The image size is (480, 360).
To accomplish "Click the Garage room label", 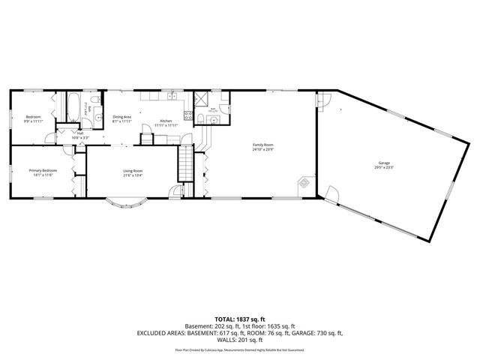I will (x=384, y=163).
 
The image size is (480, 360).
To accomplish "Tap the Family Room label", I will (x=262, y=144).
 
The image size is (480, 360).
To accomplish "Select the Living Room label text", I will (x=133, y=171).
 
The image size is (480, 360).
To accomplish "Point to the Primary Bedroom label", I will (x=43, y=171).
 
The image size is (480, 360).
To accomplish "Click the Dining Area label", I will (x=122, y=117).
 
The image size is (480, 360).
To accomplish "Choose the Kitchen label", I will (x=166, y=121).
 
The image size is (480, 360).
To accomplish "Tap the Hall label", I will (x=80, y=133).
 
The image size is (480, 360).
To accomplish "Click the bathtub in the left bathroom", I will (x=73, y=107).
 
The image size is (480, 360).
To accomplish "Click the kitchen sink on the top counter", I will (x=172, y=95).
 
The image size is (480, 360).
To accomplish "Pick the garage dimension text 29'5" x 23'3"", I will (x=384, y=167).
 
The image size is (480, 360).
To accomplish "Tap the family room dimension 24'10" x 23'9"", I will (x=262, y=148).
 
